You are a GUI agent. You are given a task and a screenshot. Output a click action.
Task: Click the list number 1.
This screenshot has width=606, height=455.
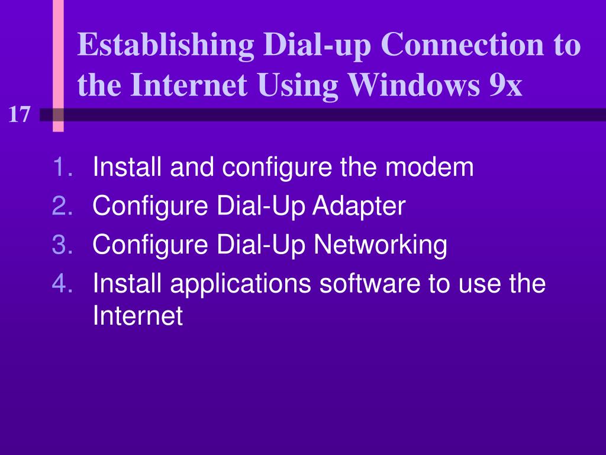click(x=63, y=168)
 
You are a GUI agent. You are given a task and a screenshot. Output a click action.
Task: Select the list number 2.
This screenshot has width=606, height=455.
click(x=63, y=206)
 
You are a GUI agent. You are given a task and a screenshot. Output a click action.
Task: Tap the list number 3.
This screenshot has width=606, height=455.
click(x=63, y=244)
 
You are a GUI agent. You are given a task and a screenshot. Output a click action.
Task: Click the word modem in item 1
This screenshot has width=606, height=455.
click(x=430, y=168)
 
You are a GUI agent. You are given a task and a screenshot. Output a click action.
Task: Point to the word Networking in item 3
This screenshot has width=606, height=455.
click(x=379, y=244)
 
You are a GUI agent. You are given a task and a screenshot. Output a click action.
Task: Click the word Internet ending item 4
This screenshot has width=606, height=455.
click(x=138, y=316)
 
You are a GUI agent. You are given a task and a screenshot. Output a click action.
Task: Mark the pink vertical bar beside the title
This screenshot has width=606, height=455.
click(x=58, y=65)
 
